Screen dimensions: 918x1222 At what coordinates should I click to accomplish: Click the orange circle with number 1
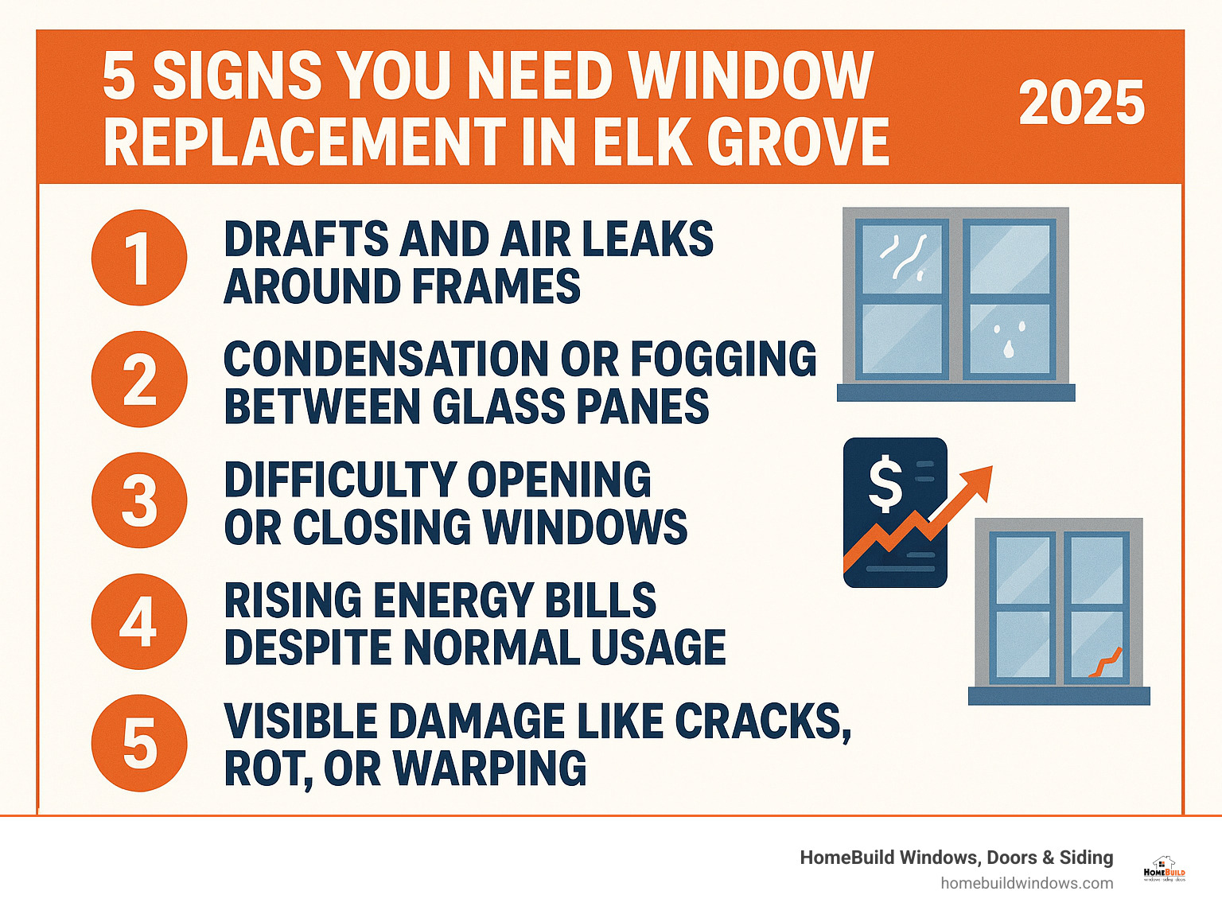(x=139, y=258)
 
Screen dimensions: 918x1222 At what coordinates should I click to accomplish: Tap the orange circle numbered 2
(x=139, y=379)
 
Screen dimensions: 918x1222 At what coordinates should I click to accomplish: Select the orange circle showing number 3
(x=139, y=500)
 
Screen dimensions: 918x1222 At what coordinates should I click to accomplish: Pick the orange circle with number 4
(x=139, y=621)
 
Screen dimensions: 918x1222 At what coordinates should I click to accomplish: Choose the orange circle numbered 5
(x=139, y=743)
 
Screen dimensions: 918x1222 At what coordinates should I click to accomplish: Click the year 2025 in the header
(x=1081, y=103)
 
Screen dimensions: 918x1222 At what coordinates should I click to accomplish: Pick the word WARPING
(x=489, y=768)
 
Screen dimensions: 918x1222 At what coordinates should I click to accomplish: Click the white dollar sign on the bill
(x=885, y=485)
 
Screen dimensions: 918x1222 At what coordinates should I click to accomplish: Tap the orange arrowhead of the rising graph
(x=979, y=480)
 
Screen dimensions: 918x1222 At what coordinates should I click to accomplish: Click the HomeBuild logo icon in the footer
(x=1164, y=869)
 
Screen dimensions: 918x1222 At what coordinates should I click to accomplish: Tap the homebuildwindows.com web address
(x=1026, y=883)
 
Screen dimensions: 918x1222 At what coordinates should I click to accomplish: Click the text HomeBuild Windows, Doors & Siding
(x=956, y=858)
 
